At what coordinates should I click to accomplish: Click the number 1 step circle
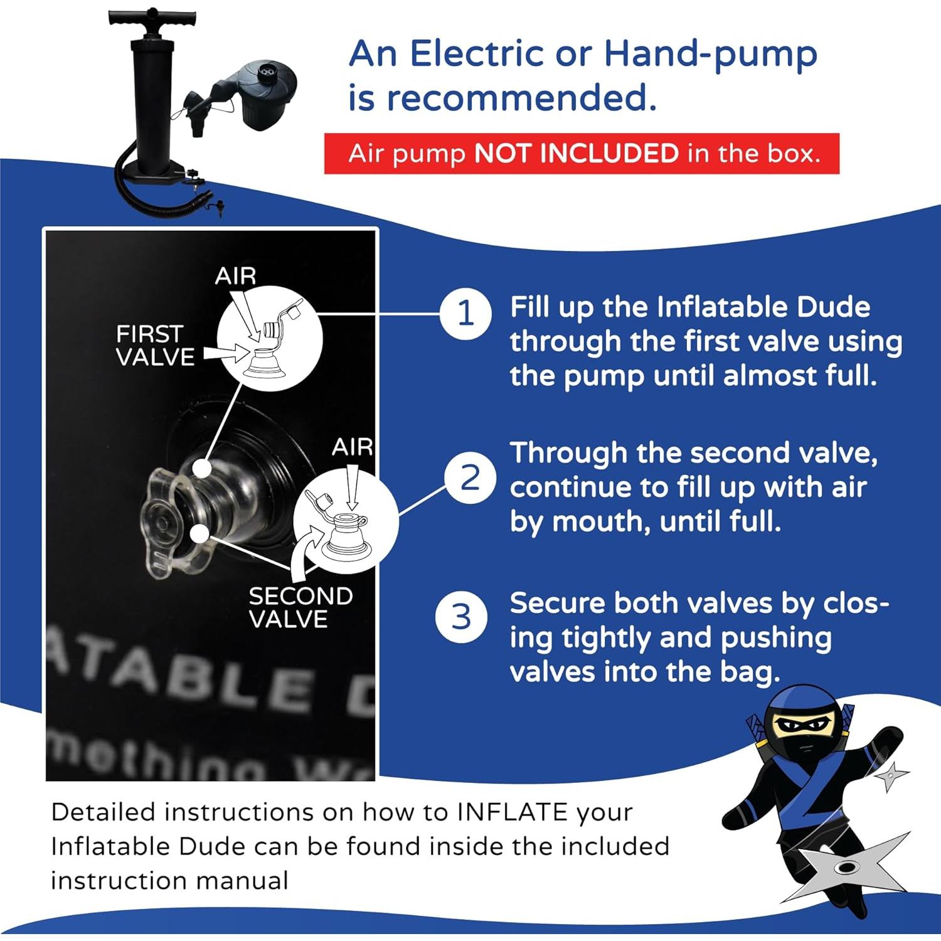click(x=465, y=313)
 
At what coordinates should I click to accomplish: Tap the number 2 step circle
click(x=470, y=478)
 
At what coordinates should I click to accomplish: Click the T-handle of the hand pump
click(x=152, y=18)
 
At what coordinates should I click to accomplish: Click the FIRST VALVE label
click(x=154, y=345)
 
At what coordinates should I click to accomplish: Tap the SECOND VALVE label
click(x=300, y=607)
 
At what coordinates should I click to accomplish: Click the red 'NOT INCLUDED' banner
click(x=582, y=154)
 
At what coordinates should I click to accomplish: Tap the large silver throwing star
click(x=847, y=869)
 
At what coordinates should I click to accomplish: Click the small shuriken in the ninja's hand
click(x=890, y=778)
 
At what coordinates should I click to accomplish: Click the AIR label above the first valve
click(x=235, y=276)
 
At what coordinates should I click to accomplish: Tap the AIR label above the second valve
click(x=352, y=447)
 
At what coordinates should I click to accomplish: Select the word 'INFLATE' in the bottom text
click(x=513, y=812)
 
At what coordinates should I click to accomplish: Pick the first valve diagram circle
click(x=270, y=339)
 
